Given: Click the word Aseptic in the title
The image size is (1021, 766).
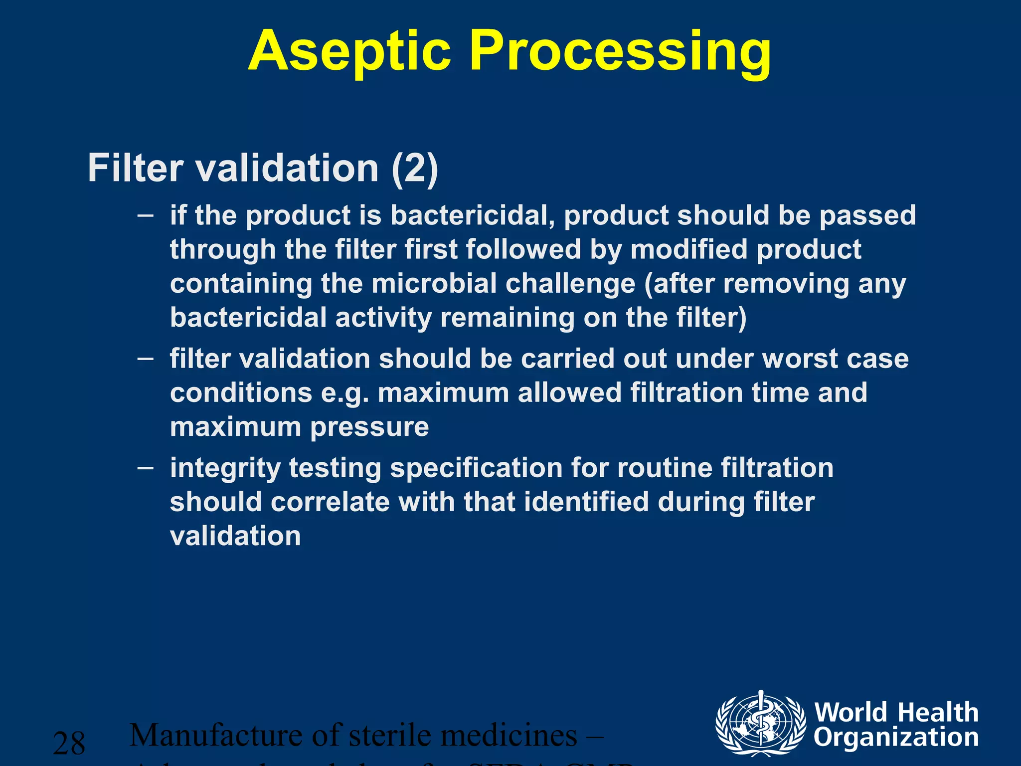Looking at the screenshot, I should pos(349,51).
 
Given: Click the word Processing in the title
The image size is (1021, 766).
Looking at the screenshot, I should pos(621,51).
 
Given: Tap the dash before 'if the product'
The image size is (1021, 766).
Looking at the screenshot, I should pos(145,215).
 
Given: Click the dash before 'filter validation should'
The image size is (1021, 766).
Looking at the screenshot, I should pos(145,359).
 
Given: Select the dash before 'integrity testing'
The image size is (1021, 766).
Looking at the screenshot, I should pos(145,468).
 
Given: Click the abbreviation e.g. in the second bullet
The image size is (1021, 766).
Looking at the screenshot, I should pos(345,393).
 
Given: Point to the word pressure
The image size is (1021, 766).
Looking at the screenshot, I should pos(369,427).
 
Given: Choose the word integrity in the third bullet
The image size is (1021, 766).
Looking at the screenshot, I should pos(225,469).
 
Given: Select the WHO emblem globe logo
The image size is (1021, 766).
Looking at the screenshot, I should pos(760,723).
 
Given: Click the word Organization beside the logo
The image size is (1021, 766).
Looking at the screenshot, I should pos(896,738).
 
